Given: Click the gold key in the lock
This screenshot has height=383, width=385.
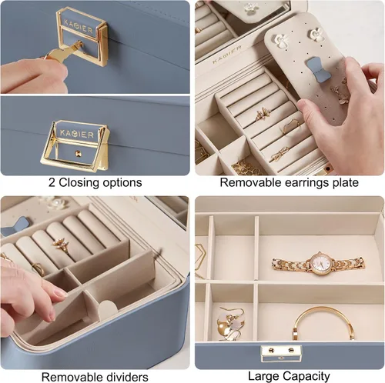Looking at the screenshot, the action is (64, 51).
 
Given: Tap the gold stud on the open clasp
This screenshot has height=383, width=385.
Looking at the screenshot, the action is (77, 154).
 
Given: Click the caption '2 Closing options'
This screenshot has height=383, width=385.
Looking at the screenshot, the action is (95, 183).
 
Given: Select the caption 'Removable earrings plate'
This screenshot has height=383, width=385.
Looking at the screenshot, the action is (289, 182).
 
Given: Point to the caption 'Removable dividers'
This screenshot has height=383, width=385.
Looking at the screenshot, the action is (95, 377).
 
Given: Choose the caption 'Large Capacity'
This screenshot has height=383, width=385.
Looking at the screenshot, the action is (289, 376).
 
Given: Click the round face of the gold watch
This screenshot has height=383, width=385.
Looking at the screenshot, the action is (320, 263).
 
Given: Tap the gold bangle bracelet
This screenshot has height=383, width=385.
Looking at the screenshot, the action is (323, 322).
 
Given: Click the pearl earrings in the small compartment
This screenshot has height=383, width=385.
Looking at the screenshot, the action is (230, 325).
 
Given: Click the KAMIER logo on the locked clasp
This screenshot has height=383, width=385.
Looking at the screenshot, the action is (78, 26).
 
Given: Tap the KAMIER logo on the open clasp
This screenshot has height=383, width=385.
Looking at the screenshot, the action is (77, 134).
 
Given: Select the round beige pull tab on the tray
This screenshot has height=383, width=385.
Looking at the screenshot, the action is (108, 309).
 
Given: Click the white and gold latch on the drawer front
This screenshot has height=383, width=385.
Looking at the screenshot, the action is (281, 352).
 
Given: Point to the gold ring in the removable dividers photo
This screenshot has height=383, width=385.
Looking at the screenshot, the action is (62, 245).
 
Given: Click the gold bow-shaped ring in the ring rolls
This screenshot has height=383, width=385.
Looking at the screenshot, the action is (279, 155).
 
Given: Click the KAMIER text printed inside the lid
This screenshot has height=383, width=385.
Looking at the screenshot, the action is (227, 55).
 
